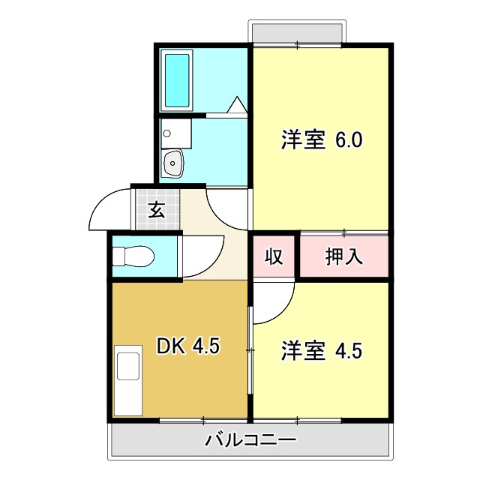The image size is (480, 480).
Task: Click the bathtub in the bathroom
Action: click(x=177, y=79)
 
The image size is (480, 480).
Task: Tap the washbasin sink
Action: click(x=173, y=162)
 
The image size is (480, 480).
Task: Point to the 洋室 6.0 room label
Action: click(x=322, y=140)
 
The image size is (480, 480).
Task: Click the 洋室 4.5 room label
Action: click(x=322, y=350)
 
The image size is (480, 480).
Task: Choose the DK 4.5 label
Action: click(x=187, y=346)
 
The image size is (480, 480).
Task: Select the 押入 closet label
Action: click(x=344, y=256)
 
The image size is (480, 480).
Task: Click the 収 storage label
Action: click(x=274, y=256)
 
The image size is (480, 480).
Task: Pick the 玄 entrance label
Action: click(x=156, y=210)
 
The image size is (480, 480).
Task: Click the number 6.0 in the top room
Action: click(x=349, y=140)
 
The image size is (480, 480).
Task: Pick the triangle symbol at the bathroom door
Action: click(x=237, y=105)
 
